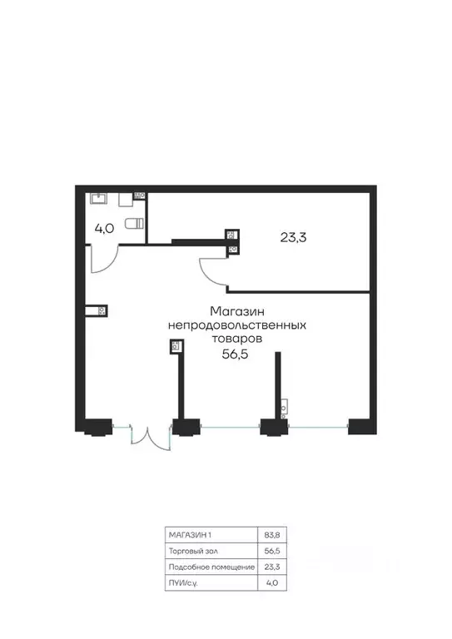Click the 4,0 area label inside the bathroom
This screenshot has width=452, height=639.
(x=104, y=229)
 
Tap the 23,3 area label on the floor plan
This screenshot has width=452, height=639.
(x=294, y=237)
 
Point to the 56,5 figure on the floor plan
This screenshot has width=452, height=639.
(x=236, y=354)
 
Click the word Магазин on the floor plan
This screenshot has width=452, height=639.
(x=237, y=311)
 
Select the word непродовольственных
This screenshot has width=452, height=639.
(x=237, y=325)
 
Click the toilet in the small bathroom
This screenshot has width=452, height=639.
(x=135, y=223)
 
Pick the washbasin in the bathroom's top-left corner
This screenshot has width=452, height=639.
(x=99, y=199)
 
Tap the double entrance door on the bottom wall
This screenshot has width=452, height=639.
(x=150, y=438)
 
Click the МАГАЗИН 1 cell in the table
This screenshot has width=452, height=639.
(x=190, y=535)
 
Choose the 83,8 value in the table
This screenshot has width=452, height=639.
(x=272, y=535)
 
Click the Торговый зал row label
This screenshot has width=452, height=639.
(x=193, y=551)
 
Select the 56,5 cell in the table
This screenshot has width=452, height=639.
(x=272, y=551)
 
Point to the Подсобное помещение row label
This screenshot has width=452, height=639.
(x=211, y=567)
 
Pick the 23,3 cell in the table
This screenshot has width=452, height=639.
(x=272, y=567)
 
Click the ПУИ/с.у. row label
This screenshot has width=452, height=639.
(x=183, y=583)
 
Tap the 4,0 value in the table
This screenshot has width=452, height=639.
(x=272, y=582)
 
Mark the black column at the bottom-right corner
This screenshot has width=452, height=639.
(x=362, y=426)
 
